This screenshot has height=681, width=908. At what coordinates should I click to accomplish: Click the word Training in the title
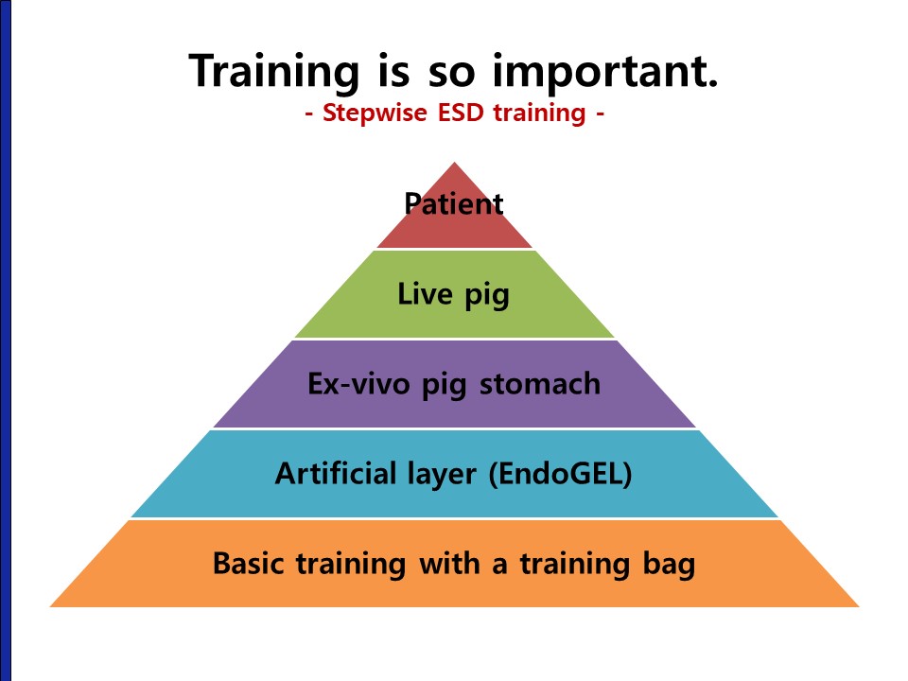(x=273, y=72)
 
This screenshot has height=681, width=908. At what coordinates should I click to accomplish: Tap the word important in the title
(x=605, y=72)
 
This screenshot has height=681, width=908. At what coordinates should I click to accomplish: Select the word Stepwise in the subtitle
(x=375, y=113)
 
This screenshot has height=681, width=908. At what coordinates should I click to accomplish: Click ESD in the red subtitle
(x=461, y=112)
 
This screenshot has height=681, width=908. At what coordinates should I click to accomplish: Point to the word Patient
(x=454, y=203)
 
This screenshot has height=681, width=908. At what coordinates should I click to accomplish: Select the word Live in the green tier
(x=425, y=293)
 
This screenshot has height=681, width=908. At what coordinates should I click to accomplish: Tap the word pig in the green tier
(x=487, y=296)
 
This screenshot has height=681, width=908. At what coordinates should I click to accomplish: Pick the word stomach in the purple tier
(x=540, y=383)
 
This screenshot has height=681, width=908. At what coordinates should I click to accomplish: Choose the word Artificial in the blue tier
(x=335, y=473)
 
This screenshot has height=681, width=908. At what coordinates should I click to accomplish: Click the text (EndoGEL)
(x=560, y=474)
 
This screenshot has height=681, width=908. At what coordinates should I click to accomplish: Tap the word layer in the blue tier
(x=442, y=475)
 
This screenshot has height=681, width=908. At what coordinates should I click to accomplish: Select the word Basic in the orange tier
(x=248, y=563)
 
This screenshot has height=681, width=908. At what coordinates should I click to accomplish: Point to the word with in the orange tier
(x=449, y=563)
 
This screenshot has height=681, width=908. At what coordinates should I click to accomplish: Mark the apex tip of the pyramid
(x=455, y=163)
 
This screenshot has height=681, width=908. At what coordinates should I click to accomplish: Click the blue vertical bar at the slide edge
(x=6, y=340)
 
